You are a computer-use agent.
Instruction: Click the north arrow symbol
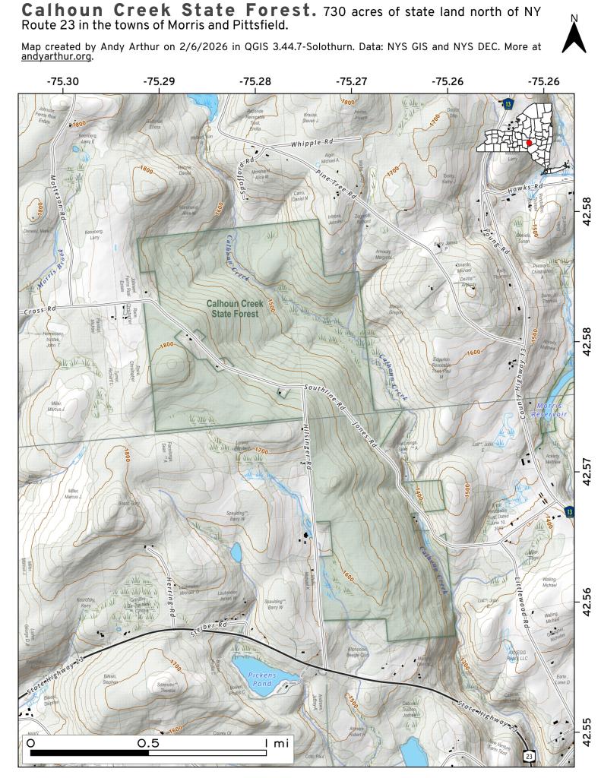point(574,36)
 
